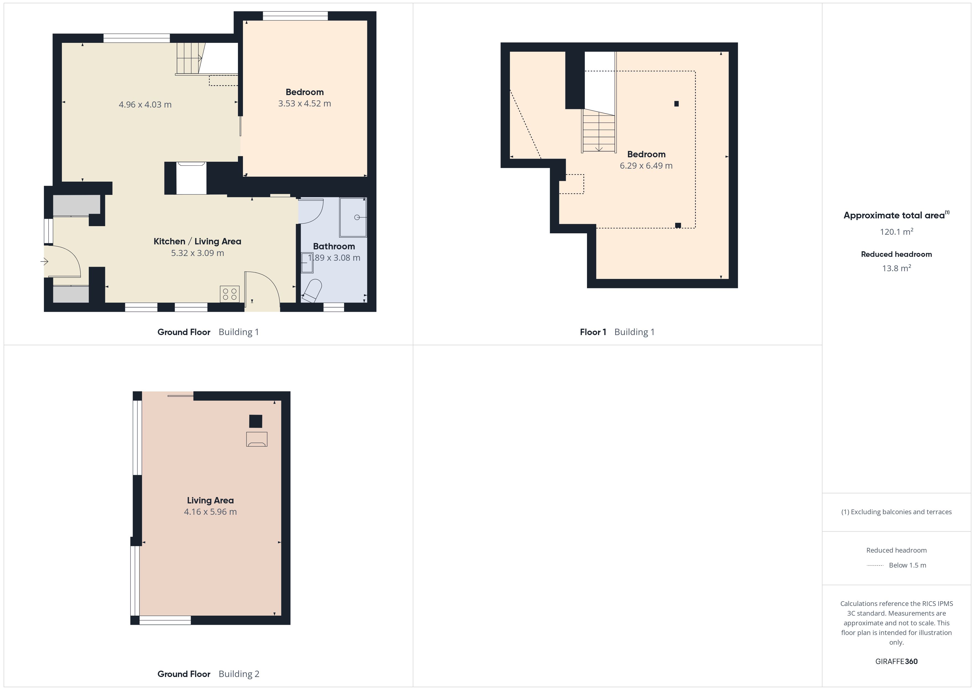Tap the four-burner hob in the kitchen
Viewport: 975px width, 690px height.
230,294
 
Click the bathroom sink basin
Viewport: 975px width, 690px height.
307,263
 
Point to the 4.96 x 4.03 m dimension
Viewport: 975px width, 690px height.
145,104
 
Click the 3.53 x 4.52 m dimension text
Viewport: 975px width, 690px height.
305,103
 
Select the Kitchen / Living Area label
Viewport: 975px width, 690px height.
198,241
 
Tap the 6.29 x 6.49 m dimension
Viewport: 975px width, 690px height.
646,166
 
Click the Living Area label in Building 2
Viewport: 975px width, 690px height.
210,501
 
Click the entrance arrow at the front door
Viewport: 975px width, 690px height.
44,262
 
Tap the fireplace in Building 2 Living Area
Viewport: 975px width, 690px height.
257,439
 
